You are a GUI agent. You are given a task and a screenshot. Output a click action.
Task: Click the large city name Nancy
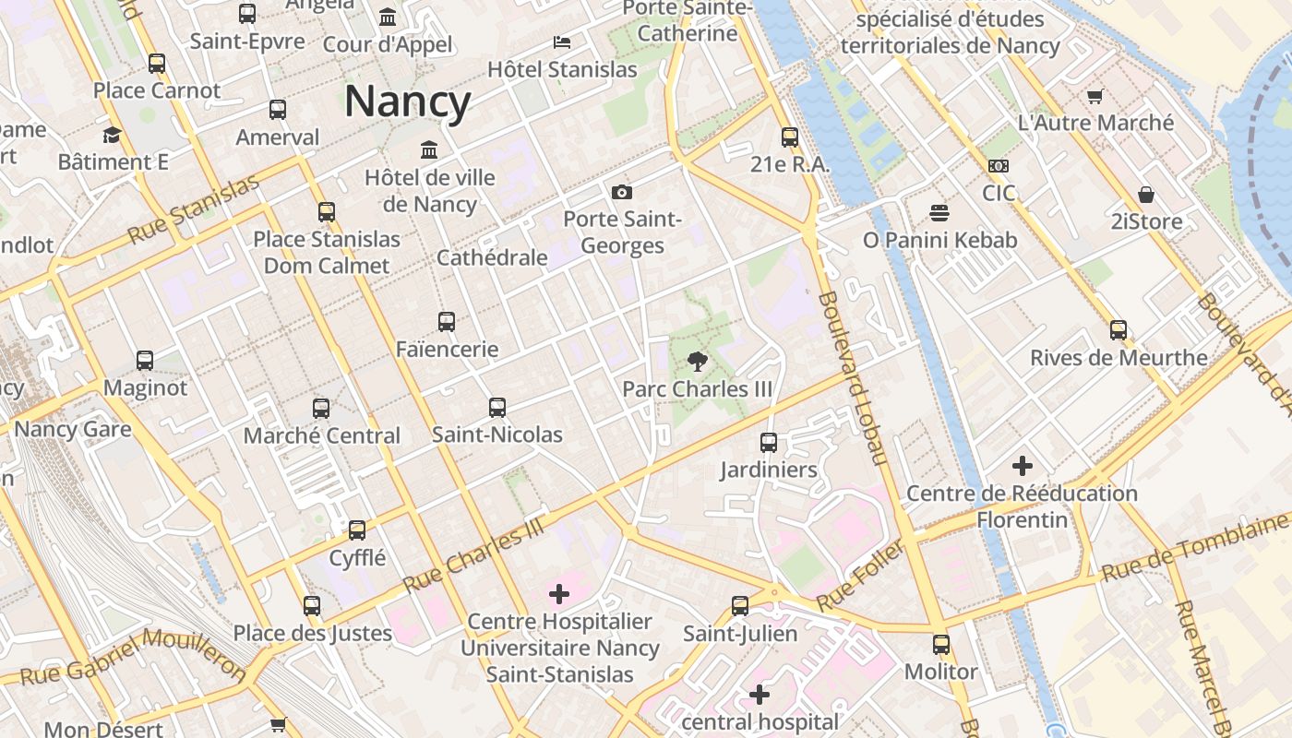407,101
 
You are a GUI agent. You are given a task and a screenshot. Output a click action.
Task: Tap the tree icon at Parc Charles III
698,361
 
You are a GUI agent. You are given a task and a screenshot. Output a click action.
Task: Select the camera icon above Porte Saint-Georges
622,192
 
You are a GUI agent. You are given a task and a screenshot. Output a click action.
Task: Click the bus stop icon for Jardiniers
769,442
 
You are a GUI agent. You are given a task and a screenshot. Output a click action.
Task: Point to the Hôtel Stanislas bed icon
561,42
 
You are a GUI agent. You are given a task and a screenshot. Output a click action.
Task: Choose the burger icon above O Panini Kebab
939,213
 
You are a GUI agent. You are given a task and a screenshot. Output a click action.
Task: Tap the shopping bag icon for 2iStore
1145,195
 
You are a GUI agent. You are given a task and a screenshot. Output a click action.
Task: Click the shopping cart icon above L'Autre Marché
1095,96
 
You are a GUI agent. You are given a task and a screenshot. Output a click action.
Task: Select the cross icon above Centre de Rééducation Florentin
1022,466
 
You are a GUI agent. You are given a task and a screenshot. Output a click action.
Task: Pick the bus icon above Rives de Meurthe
1119,329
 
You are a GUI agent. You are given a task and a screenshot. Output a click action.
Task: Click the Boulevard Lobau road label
852,378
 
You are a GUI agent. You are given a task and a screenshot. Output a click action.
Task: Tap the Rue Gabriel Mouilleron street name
129,657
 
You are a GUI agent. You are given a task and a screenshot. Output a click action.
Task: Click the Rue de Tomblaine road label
1195,552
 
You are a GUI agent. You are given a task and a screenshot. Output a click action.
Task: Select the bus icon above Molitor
940,644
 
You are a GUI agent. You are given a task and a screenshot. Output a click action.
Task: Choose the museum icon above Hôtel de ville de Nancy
429,149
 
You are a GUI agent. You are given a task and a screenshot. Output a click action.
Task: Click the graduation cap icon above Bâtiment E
112,135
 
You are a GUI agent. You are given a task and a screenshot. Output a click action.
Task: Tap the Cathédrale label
492,257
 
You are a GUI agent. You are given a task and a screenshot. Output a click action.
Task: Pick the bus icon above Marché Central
321,408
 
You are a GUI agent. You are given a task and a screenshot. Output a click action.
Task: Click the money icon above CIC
998,166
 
